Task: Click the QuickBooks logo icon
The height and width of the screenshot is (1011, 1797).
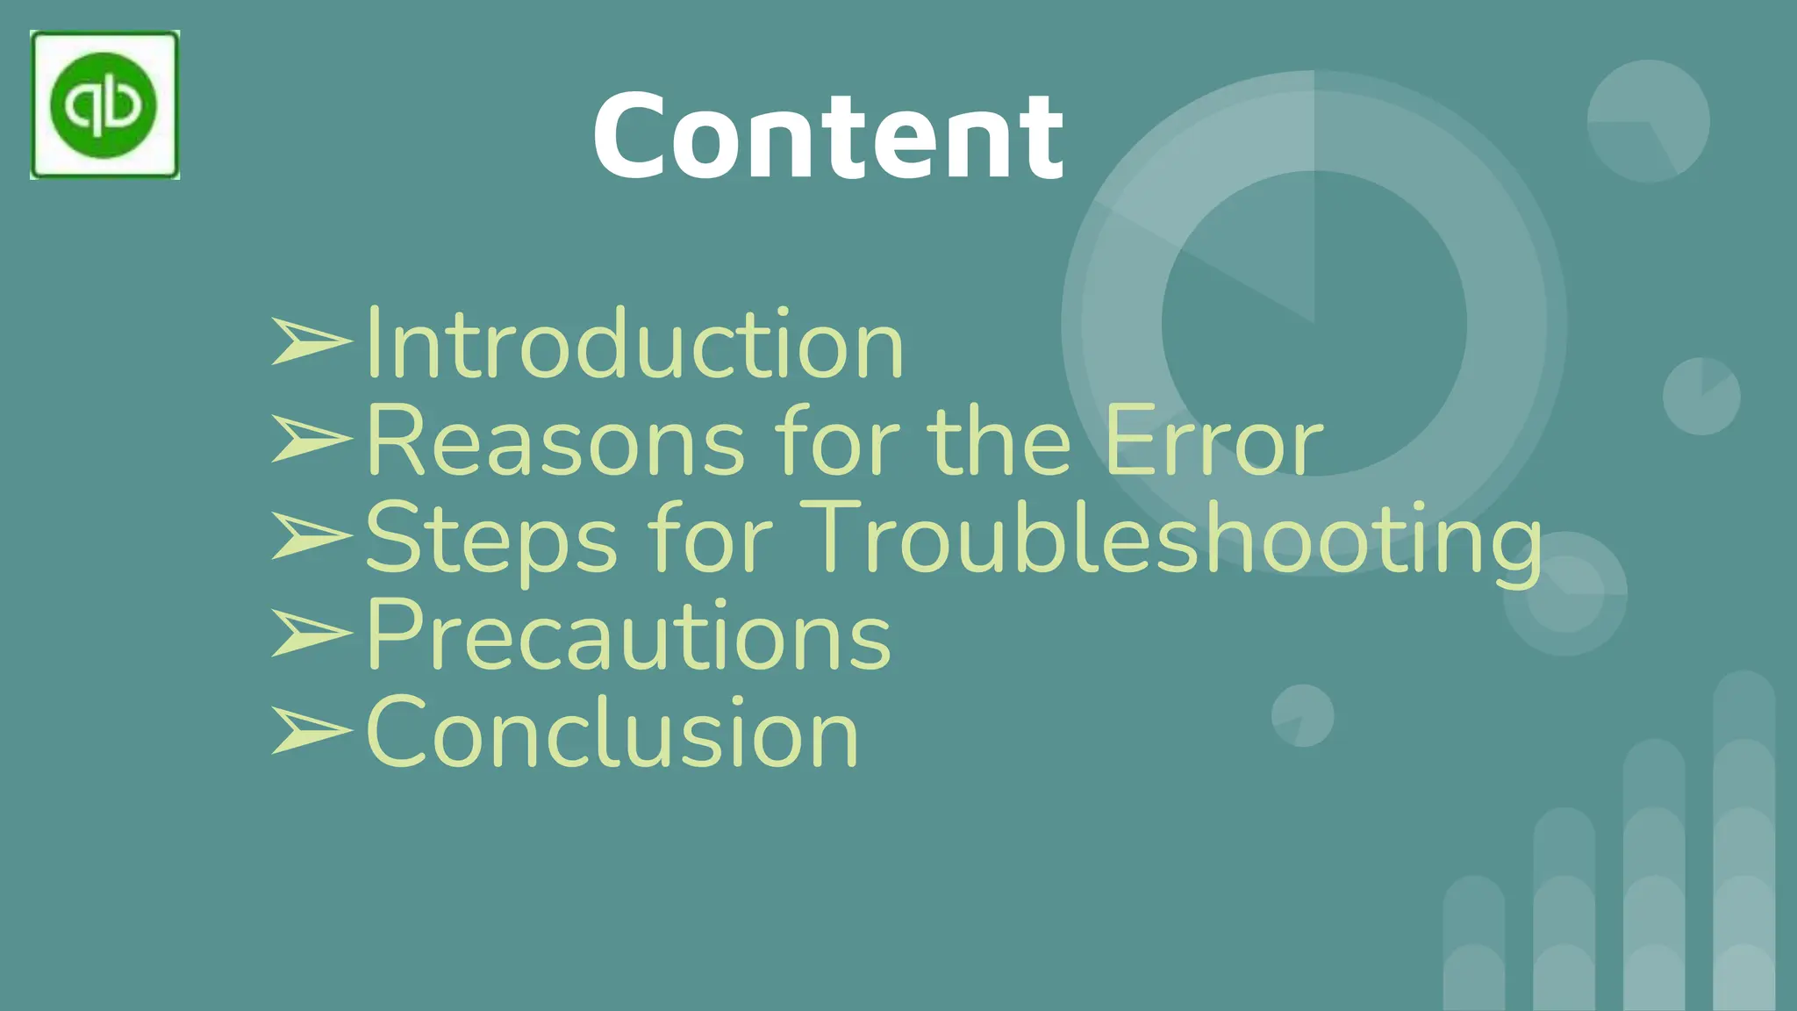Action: [x=104, y=105]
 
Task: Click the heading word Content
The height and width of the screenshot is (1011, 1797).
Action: [x=828, y=136]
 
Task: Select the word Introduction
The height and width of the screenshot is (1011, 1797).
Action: [x=634, y=344]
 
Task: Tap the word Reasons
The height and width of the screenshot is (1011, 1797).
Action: [x=555, y=441]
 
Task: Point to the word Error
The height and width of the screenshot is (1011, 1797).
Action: [x=1214, y=441]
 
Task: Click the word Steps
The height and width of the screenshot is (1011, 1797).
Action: [x=491, y=539]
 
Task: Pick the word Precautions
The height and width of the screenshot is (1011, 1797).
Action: [x=628, y=635]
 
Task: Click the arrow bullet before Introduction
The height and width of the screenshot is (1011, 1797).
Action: [x=310, y=341]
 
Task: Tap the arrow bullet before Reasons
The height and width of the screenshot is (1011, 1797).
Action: [x=310, y=438]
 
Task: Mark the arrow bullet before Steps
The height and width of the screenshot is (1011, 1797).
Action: [x=310, y=535]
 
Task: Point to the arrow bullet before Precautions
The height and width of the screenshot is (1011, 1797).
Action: [x=310, y=633]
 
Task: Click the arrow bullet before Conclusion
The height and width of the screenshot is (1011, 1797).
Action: [x=310, y=730]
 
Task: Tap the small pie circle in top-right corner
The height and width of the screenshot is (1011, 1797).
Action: [x=1648, y=121]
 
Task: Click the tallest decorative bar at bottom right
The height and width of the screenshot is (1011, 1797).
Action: [x=1743, y=842]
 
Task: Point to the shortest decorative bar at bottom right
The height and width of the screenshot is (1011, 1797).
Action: [x=1474, y=943]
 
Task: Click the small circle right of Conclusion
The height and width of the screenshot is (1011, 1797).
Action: [x=1303, y=715]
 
